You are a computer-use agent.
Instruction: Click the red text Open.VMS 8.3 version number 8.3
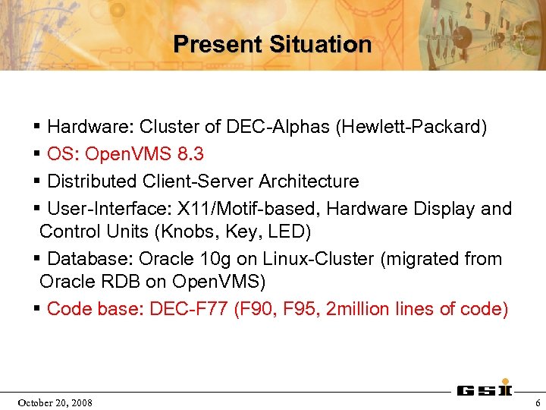pos(190,154)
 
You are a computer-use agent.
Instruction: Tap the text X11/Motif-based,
pos(257,209)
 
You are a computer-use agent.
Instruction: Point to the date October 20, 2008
pos(56,402)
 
